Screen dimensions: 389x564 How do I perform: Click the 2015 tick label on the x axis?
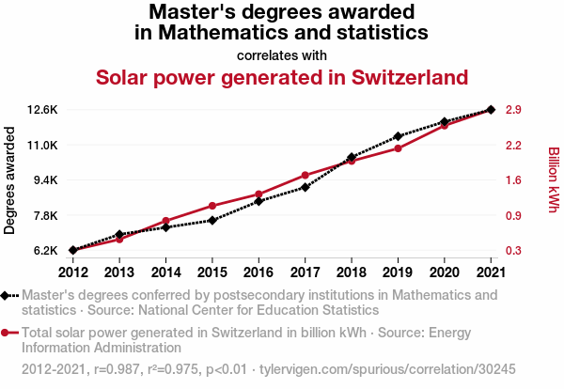(x=211, y=272)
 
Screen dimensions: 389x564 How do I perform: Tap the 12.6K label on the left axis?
(x=43, y=110)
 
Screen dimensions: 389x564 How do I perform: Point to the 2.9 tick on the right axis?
(x=513, y=110)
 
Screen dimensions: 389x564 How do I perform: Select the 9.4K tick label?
(x=45, y=180)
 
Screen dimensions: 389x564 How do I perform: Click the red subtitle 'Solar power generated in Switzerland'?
(x=282, y=76)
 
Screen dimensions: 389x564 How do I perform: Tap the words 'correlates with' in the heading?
(x=282, y=54)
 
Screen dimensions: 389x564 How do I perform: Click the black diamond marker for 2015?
(x=212, y=220)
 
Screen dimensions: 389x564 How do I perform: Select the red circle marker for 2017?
(x=305, y=176)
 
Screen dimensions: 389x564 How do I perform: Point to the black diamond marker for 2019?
(x=399, y=137)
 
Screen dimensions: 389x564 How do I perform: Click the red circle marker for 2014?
(x=166, y=221)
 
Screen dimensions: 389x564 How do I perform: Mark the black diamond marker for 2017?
(x=305, y=188)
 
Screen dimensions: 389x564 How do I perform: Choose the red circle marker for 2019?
(x=399, y=148)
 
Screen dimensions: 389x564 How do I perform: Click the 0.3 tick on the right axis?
(x=513, y=251)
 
